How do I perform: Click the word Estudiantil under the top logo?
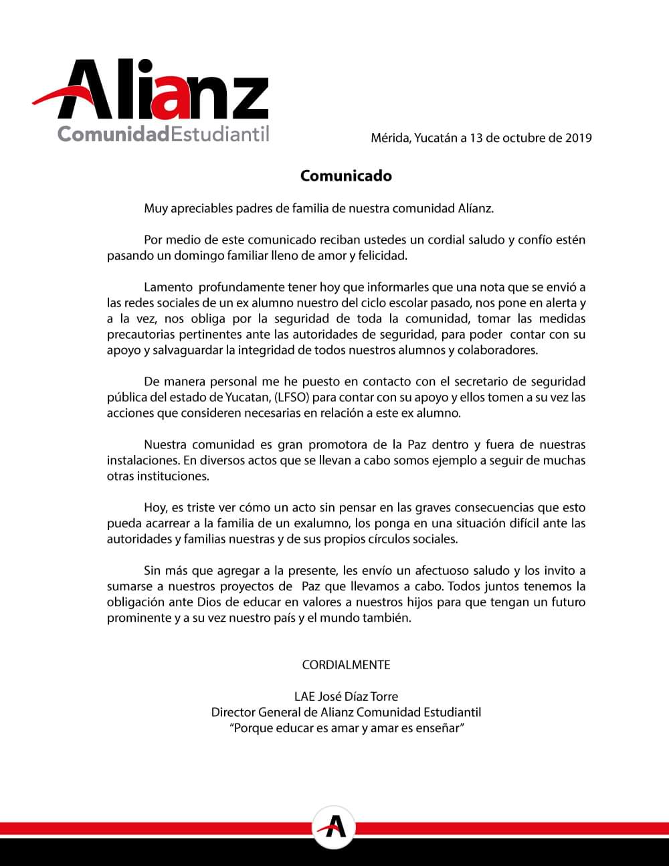pyautogui.click(x=220, y=134)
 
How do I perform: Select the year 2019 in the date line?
pyautogui.click(x=579, y=139)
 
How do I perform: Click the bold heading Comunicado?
pyautogui.click(x=346, y=176)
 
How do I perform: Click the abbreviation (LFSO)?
pyautogui.click(x=288, y=397)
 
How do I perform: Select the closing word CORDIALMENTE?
pyautogui.click(x=346, y=665)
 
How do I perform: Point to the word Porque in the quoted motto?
pyautogui.click(x=251, y=727)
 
